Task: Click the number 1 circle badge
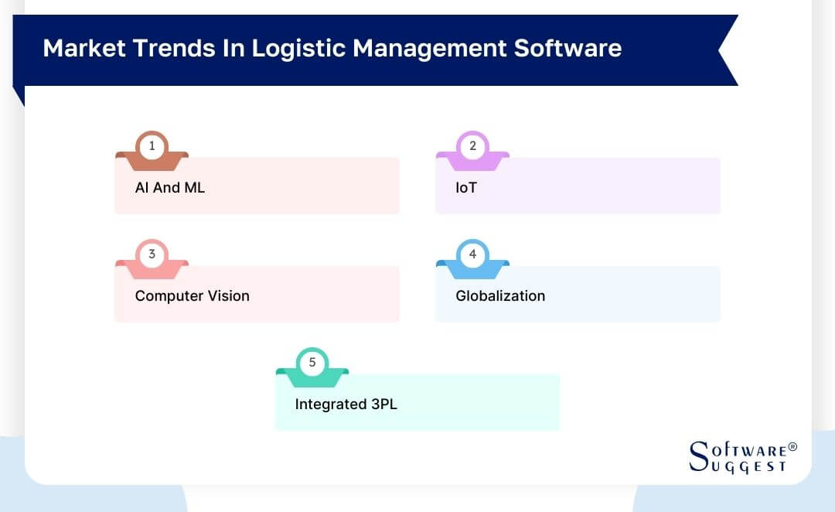coord(152,145)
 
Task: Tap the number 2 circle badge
coord(472,145)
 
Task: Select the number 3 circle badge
coord(152,254)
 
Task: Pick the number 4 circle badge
coord(472,254)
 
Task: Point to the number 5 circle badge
coord(312,362)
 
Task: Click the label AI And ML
coord(170,187)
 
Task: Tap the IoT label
coord(466,187)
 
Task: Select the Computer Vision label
coord(192,295)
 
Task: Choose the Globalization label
coord(500,295)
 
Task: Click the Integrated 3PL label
coord(346,404)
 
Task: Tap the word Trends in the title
coord(169,48)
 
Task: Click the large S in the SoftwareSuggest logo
coord(698,456)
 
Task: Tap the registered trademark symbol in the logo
coord(792,447)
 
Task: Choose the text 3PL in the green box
coord(383,404)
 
